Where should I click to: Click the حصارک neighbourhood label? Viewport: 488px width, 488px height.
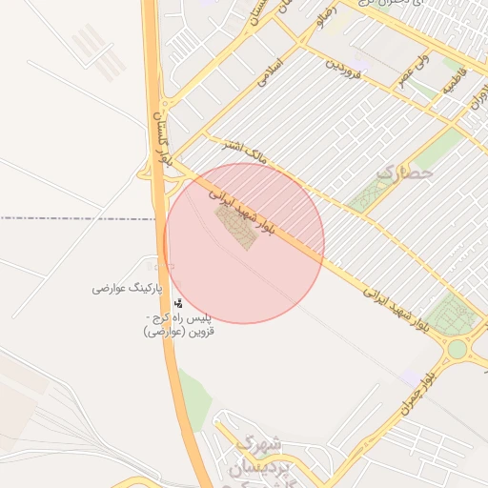tap(405, 173)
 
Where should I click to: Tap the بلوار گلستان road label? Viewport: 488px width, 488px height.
tap(161, 141)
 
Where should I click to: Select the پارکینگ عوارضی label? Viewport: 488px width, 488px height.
tap(128, 288)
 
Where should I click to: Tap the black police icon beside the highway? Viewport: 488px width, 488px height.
tap(178, 303)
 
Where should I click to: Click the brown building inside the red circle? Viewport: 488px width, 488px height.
tap(235, 227)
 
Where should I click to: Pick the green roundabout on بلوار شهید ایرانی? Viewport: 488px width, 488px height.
tap(458, 348)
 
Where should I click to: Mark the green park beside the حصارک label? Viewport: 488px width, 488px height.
tap(368, 194)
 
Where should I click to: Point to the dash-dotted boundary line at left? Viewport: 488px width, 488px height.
tap(76, 218)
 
